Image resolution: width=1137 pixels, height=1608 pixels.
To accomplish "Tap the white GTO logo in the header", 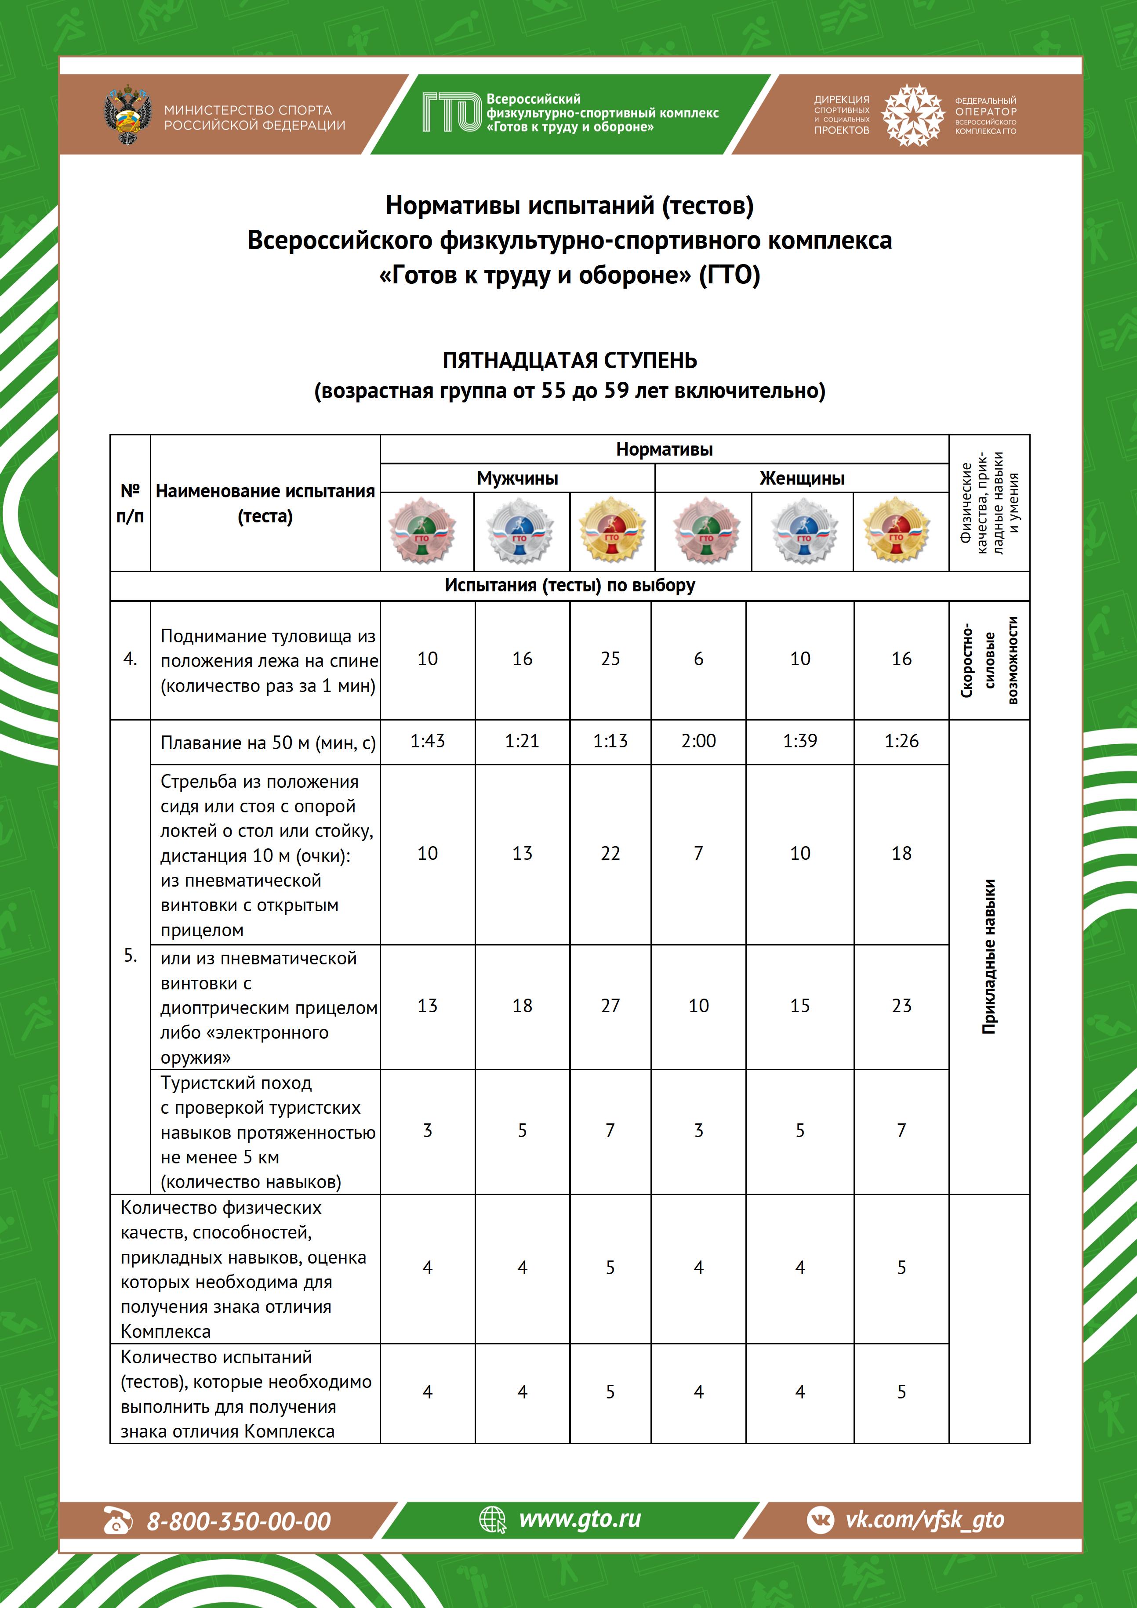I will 451,113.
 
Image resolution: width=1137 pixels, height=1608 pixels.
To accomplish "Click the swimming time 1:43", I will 427,741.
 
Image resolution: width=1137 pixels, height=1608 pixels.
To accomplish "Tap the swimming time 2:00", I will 698,741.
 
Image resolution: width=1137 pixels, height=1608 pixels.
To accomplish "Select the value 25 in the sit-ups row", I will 610,659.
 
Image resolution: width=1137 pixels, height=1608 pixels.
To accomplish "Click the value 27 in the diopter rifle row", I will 610,1006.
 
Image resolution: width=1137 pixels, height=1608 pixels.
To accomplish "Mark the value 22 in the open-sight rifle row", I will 610,853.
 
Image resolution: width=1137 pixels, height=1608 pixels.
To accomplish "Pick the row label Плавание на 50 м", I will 268,742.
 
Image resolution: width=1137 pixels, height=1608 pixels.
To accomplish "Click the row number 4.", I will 130,659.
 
